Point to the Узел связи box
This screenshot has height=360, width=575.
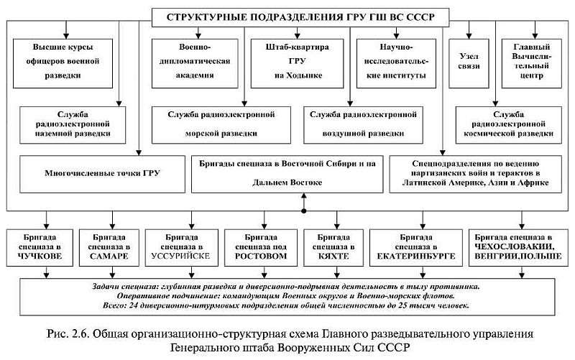pyautogui.click(x=469, y=62)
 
